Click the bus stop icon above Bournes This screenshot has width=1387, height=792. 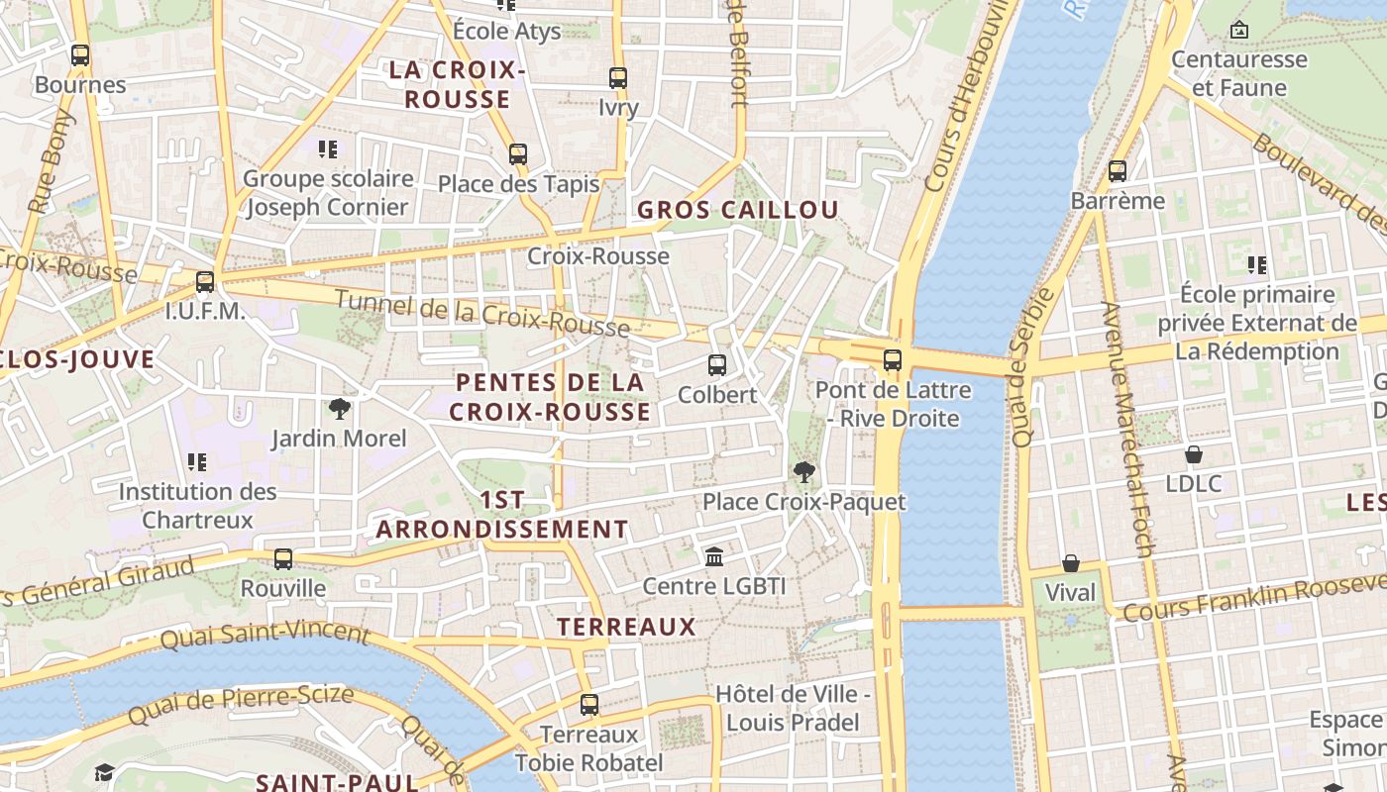(80, 55)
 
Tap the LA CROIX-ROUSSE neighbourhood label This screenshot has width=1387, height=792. (457, 84)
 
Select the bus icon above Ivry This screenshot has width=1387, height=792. (618, 78)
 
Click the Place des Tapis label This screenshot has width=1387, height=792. (518, 184)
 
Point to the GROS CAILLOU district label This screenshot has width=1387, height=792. (737, 210)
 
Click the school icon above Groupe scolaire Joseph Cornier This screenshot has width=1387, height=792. (328, 149)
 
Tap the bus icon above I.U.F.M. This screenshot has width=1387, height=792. (205, 282)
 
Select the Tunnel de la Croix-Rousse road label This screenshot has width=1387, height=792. (481, 313)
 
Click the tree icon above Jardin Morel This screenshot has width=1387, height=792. (339, 409)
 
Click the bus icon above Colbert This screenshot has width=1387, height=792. (717, 365)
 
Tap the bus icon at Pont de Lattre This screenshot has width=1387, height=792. (893, 360)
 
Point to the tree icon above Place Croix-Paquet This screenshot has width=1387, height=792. (803, 472)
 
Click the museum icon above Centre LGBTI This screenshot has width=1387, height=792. (714, 557)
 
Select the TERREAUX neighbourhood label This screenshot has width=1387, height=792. (626, 627)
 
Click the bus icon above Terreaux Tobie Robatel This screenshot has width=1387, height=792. (589, 705)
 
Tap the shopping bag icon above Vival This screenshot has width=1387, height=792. (1071, 563)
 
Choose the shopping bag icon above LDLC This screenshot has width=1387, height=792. (1194, 454)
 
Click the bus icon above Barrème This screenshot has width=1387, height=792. (1118, 171)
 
